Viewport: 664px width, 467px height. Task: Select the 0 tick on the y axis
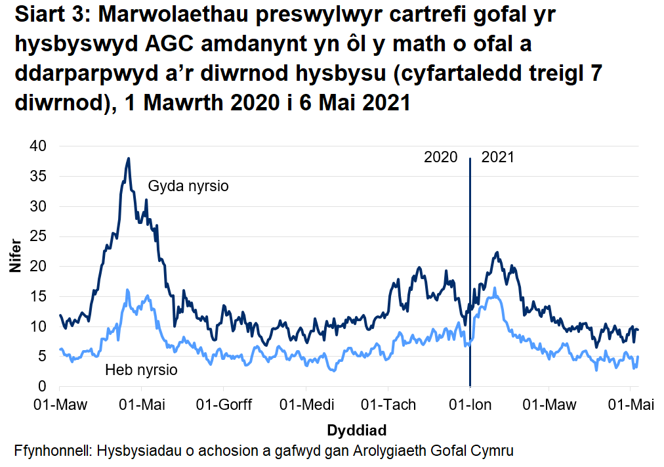[x=44, y=386]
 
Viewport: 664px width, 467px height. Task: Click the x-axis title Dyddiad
[x=356, y=431]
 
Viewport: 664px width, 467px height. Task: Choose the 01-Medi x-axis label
[x=305, y=405]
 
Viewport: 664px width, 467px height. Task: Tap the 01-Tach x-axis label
[x=389, y=405]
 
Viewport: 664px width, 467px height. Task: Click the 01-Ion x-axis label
[x=470, y=405]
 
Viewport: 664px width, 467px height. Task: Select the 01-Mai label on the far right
[x=631, y=405]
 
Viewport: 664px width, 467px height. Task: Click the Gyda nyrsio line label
[x=188, y=186]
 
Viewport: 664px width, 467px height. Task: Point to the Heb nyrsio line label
[x=141, y=370]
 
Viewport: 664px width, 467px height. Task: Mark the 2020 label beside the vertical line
[x=440, y=158]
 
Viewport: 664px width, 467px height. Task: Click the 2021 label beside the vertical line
[x=498, y=158]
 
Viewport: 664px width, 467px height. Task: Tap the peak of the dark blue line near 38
[x=129, y=158]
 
